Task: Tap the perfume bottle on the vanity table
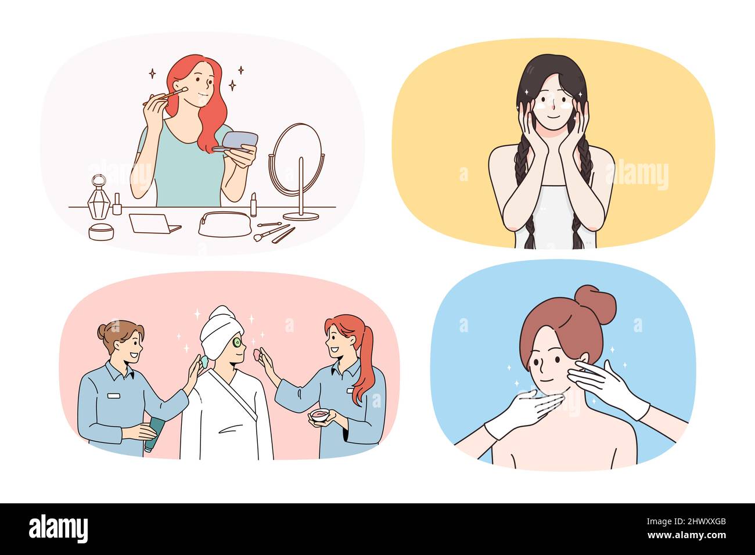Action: tap(98, 198)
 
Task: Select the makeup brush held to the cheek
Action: tap(164, 96)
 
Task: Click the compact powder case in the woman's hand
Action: tap(240, 141)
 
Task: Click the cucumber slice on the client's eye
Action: tap(237, 342)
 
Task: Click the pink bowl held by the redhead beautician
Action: tap(319, 416)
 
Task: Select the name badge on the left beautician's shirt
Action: tap(114, 395)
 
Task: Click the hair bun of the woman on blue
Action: tap(597, 304)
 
